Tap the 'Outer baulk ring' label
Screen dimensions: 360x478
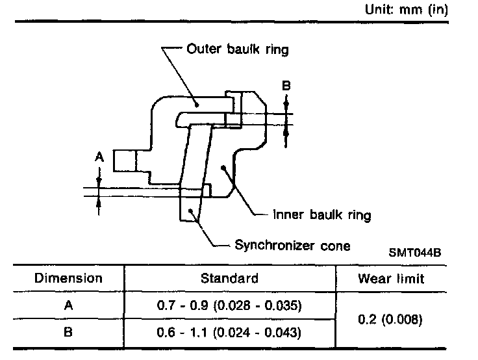pyautogui.click(x=237, y=49)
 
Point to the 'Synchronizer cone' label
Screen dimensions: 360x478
pyautogui.click(x=292, y=245)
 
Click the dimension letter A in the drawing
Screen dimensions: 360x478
pyautogui.click(x=99, y=157)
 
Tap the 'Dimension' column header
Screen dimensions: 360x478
pyautogui.click(x=68, y=279)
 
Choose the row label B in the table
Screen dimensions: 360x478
pyautogui.click(x=68, y=333)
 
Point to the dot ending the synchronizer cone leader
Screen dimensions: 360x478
pyautogui.click(x=190, y=211)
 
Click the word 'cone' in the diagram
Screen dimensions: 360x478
pyautogui.click(x=336, y=245)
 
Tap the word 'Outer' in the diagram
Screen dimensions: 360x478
pyautogui.click(x=201, y=49)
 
